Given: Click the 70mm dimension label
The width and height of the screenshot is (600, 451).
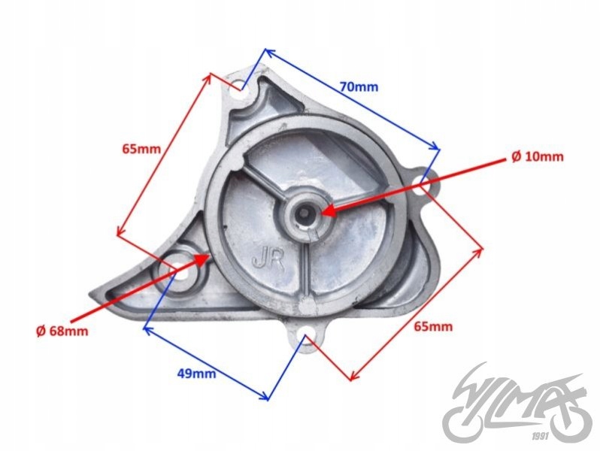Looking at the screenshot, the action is [359, 86].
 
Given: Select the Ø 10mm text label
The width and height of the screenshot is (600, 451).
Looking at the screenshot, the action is [537, 157].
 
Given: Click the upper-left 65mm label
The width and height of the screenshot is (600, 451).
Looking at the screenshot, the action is [141, 149].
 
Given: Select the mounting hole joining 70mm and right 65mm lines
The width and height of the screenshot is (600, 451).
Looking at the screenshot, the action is [423, 180].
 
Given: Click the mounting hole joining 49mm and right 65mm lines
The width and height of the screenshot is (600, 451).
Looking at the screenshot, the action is [305, 337].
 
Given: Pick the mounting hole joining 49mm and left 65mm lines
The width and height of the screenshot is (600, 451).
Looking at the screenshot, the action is [178, 268].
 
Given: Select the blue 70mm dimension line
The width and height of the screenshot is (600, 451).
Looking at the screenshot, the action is [352, 100].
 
